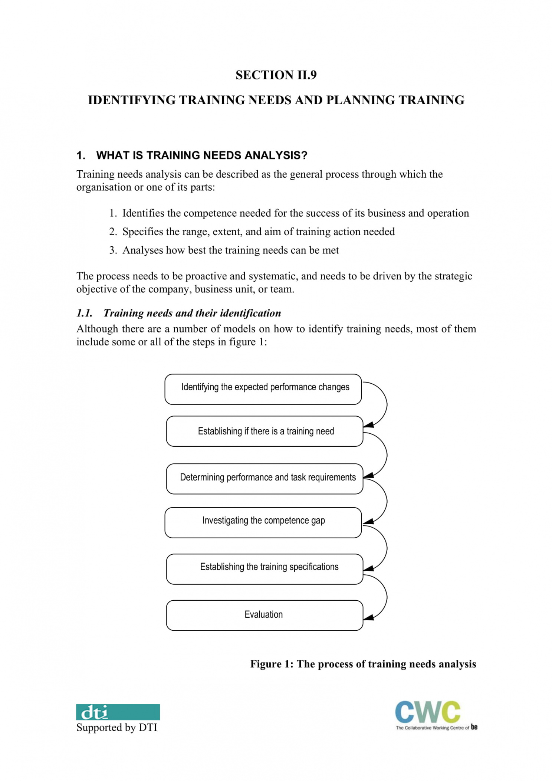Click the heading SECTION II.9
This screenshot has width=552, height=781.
pyautogui.click(x=276, y=75)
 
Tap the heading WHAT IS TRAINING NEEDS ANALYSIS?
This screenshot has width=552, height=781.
pyautogui.click(x=201, y=155)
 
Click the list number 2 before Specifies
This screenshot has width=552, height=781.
pyautogui.click(x=113, y=232)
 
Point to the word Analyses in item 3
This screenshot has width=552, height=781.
pyautogui.click(x=142, y=250)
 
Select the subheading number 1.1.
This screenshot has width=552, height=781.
pyautogui.click(x=84, y=313)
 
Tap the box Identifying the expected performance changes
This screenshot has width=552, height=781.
pyautogui.click(x=263, y=389)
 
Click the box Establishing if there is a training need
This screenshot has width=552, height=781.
pyautogui.click(x=264, y=431)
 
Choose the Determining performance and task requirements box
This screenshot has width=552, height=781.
pyautogui.click(x=264, y=479)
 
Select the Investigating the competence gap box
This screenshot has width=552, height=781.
pyautogui.click(x=263, y=522)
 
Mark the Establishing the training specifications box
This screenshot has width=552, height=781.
pyautogui.click(x=264, y=569)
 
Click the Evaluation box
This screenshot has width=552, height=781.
pyautogui.click(x=264, y=615)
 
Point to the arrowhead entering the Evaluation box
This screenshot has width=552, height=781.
pyautogui.click(x=368, y=617)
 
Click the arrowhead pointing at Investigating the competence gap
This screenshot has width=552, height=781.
pyautogui.click(x=368, y=522)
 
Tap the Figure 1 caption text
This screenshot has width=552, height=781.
pyautogui.click(x=363, y=664)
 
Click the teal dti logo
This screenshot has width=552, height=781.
pyautogui.click(x=118, y=712)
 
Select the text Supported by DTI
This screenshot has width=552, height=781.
pyautogui.click(x=117, y=727)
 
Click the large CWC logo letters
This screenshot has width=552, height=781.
pyautogui.click(x=427, y=712)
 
